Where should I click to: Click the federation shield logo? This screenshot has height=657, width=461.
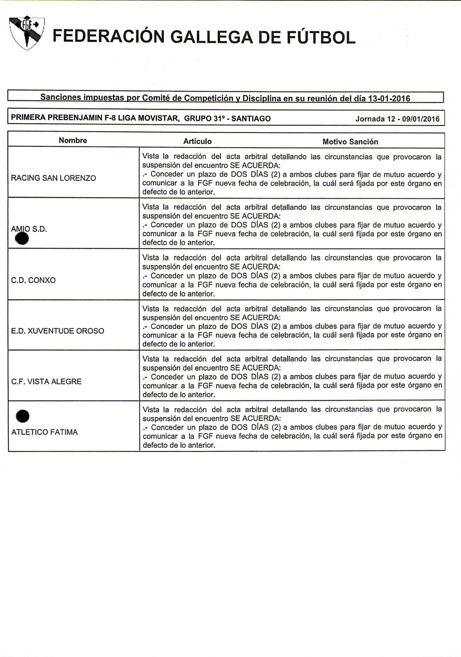[27, 32]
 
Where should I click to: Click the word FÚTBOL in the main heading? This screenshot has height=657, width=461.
[321, 38]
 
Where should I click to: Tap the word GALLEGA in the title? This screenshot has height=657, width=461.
[212, 38]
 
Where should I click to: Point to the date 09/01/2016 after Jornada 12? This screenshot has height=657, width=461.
[421, 119]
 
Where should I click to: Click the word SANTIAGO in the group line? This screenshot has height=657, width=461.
[251, 118]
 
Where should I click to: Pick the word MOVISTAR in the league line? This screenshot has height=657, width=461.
[159, 118]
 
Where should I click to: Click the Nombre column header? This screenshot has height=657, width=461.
[73, 141]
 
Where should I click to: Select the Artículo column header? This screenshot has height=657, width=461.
[197, 141]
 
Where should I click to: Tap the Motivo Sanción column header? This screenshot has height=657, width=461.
[350, 142]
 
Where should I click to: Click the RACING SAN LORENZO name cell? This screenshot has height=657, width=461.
[53, 178]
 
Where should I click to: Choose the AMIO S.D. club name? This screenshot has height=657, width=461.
[29, 229]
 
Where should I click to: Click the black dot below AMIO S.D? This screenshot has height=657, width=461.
[22, 239]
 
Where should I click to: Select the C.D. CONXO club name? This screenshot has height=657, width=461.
[33, 280]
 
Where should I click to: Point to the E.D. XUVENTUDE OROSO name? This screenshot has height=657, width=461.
[57, 331]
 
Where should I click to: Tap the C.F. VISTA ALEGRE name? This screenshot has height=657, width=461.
[46, 382]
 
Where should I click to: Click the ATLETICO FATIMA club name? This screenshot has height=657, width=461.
[44, 432]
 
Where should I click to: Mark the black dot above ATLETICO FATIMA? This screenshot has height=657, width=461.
[23, 416]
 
